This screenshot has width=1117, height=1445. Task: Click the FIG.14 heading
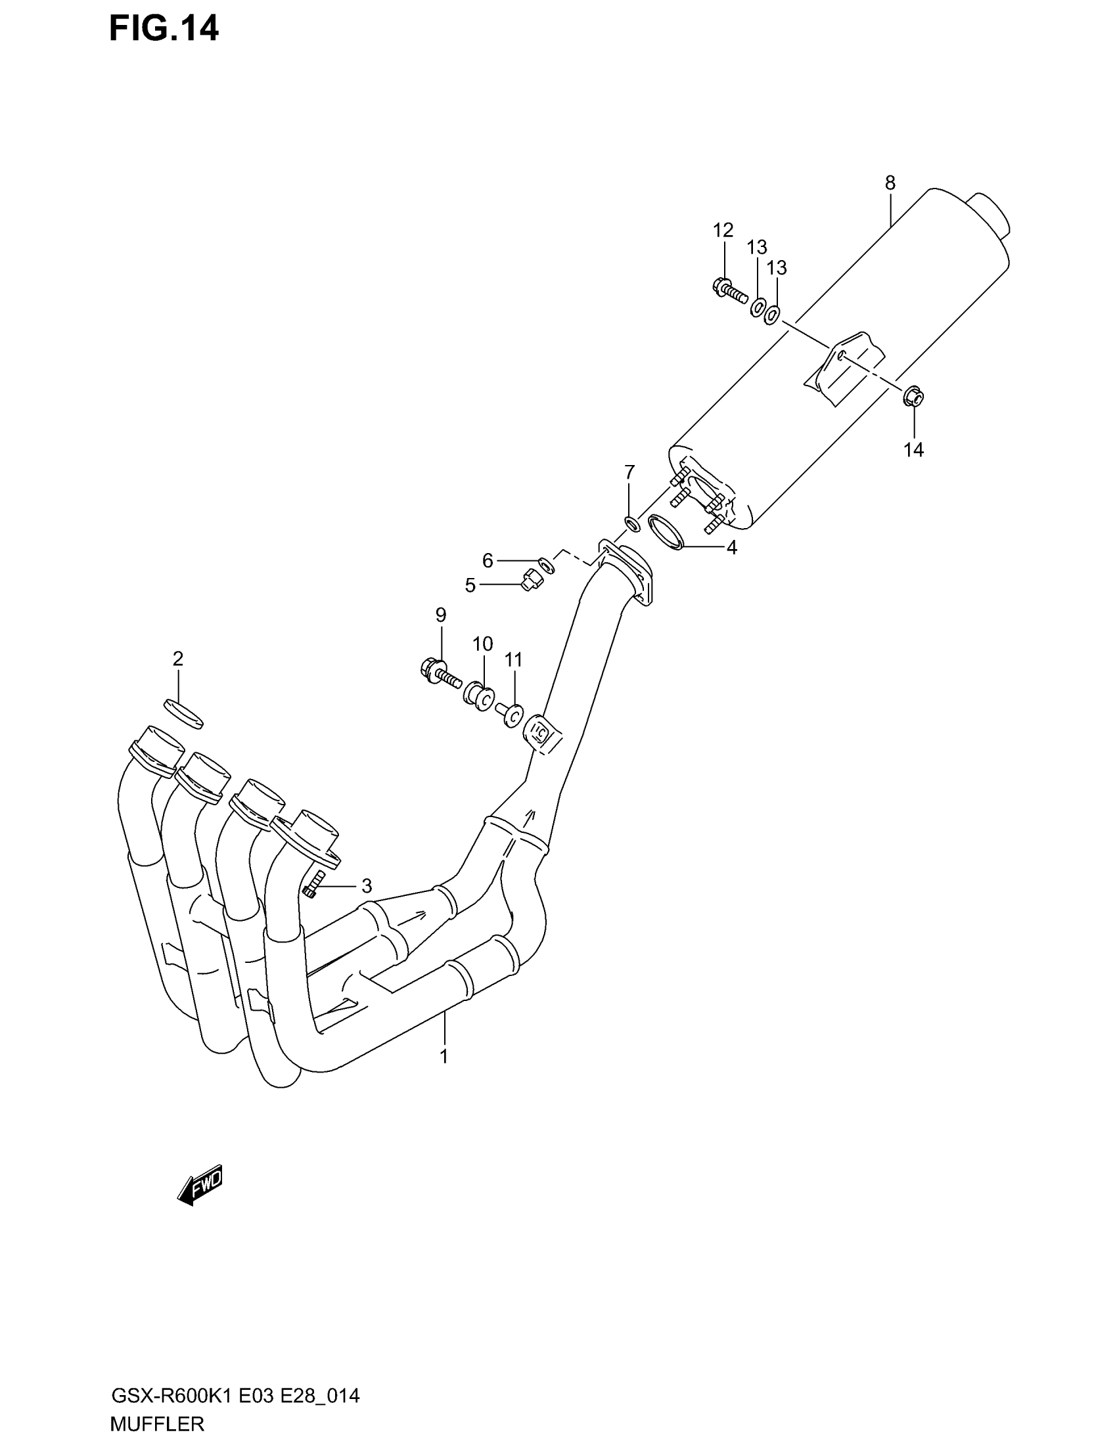[164, 30]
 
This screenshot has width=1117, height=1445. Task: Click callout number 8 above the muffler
[890, 183]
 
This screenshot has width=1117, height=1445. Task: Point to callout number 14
[913, 450]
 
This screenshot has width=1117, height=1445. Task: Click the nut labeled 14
[913, 397]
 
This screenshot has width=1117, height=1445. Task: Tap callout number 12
[723, 231]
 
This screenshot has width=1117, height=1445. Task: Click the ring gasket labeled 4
[666, 532]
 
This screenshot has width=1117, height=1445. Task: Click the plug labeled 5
[530, 581]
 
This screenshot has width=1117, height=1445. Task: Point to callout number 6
[488, 561]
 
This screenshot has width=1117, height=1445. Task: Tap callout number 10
[482, 644]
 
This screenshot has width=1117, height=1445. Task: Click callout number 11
[514, 659]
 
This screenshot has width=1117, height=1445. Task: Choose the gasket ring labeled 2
[183, 713]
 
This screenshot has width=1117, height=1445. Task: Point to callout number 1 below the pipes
[444, 1057]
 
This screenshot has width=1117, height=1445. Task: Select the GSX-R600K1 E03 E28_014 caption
[235, 1396]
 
